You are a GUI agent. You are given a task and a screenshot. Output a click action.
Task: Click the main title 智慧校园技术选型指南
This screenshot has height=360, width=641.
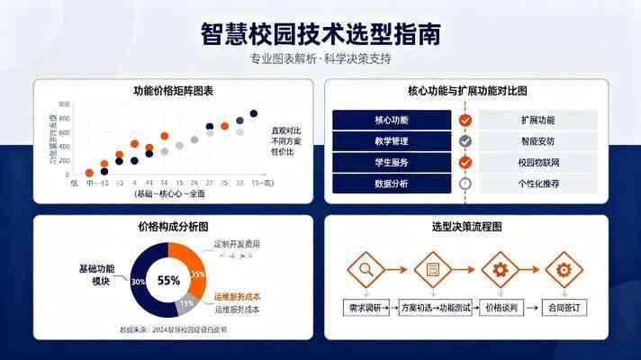pos(320,33)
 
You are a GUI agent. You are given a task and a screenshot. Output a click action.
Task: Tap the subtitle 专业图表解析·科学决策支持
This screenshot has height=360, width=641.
pos(320,59)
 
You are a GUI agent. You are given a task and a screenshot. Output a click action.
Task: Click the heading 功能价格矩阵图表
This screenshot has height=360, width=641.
pos(173,91)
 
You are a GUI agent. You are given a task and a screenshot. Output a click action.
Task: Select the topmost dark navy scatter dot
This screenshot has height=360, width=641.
pos(253,114)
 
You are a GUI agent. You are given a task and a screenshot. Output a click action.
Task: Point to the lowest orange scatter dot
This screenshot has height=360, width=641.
pos(89,173)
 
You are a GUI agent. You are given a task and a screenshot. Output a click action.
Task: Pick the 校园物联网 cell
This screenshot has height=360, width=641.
pos(537,163)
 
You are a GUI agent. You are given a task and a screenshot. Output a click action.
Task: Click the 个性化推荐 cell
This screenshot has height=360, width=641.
pos(537,184)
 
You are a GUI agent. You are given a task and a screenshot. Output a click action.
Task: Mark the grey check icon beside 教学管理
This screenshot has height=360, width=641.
pos(465,141)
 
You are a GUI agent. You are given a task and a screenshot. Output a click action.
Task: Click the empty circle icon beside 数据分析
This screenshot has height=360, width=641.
pos(465,184)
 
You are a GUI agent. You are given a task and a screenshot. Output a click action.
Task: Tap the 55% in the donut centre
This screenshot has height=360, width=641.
pos(168,280)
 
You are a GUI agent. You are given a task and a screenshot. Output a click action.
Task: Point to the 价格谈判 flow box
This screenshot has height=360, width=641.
pos(498,308)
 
